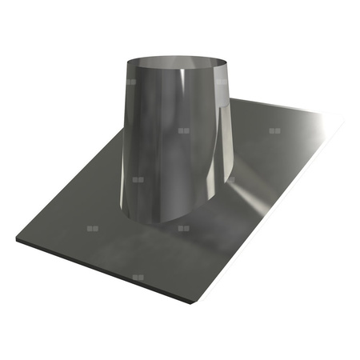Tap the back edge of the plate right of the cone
coord(280,106)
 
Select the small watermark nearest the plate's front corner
coord(138,277)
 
